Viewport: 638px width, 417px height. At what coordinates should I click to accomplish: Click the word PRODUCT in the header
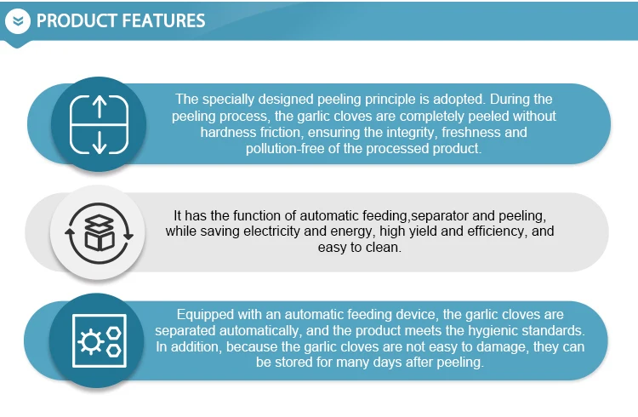(x=77, y=20)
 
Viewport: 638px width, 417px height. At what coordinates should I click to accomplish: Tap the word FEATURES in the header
(x=163, y=20)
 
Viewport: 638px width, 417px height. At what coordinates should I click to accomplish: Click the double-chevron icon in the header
(x=18, y=20)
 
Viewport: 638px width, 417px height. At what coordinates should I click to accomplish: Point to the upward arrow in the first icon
(x=100, y=106)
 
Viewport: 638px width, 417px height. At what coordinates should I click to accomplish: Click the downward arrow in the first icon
(x=100, y=143)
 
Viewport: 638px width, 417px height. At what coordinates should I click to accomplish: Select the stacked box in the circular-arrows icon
(x=99, y=232)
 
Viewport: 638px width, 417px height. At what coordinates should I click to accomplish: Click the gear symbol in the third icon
(x=91, y=341)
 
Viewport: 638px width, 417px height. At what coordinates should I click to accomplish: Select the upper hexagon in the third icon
(x=113, y=333)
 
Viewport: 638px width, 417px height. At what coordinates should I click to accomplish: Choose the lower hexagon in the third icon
(x=113, y=351)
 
